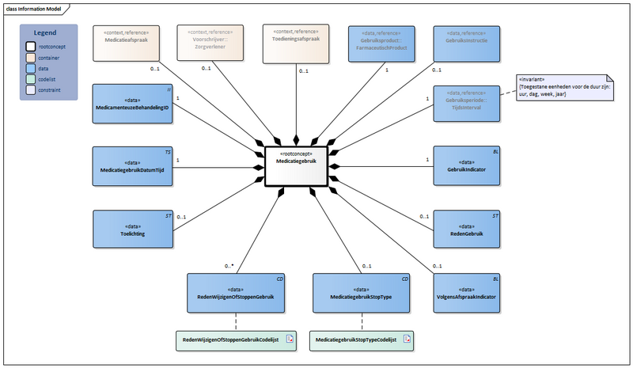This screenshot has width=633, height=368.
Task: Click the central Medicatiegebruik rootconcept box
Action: pos(294,165)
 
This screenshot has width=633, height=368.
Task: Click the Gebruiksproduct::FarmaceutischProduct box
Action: pos(382,43)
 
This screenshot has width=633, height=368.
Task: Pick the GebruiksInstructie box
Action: pos(466,43)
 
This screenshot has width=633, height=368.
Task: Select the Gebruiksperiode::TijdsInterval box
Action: pos(466,104)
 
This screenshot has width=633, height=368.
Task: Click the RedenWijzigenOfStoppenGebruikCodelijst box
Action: pos(237,340)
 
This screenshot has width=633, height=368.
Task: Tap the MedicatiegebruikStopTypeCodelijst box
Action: pos(362,340)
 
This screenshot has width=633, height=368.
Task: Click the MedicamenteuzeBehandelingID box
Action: pos(132,104)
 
